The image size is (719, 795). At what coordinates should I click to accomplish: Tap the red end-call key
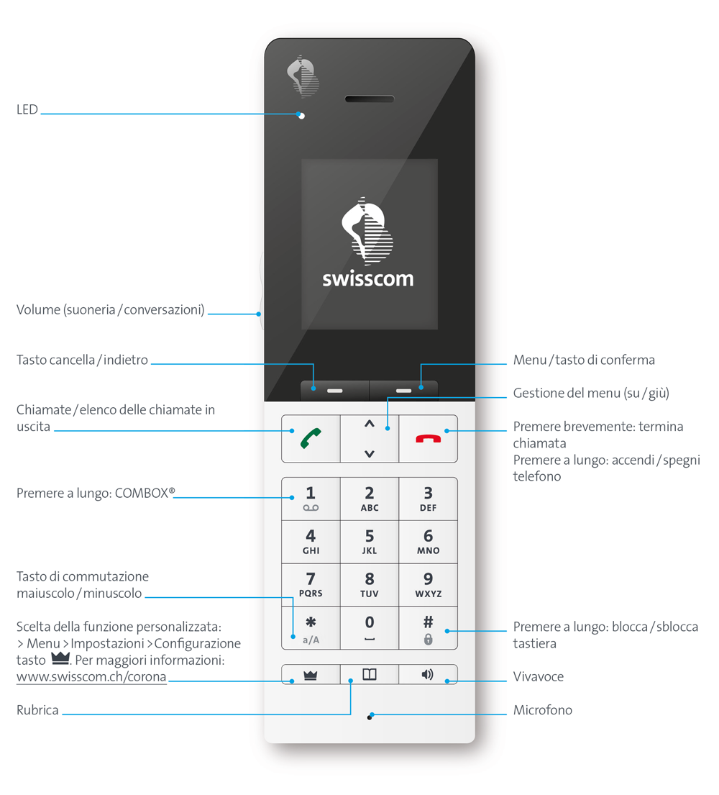pyautogui.click(x=428, y=438)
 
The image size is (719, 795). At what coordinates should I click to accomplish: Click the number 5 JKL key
pyautogui.click(x=370, y=542)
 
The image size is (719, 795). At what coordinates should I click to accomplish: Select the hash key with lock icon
pyautogui.click(x=428, y=628)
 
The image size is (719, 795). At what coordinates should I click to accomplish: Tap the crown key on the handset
pyautogui.click(x=311, y=675)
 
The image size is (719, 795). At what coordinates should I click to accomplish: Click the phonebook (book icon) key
pyautogui.click(x=370, y=675)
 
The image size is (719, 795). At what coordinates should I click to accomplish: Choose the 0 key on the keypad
pyautogui.click(x=370, y=628)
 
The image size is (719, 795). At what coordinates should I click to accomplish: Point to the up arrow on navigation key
pyautogui.click(x=370, y=424)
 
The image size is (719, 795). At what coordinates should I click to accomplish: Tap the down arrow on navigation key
pyautogui.click(x=370, y=453)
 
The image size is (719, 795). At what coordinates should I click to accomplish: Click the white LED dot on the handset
pyautogui.click(x=302, y=116)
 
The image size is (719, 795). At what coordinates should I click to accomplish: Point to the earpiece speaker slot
pyautogui.click(x=370, y=99)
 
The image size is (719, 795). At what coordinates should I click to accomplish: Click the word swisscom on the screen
pyautogui.click(x=368, y=279)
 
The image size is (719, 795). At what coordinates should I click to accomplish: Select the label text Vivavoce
pyautogui.click(x=538, y=677)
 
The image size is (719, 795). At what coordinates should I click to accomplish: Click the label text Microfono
pyautogui.click(x=542, y=710)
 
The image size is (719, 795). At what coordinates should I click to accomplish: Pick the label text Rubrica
pyautogui.click(x=37, y=710)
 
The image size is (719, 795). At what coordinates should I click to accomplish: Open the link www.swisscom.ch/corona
pyautogui.click(x=91, y=677)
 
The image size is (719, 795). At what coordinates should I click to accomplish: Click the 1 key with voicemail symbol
pyautogui.click(x=311, y=499)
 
